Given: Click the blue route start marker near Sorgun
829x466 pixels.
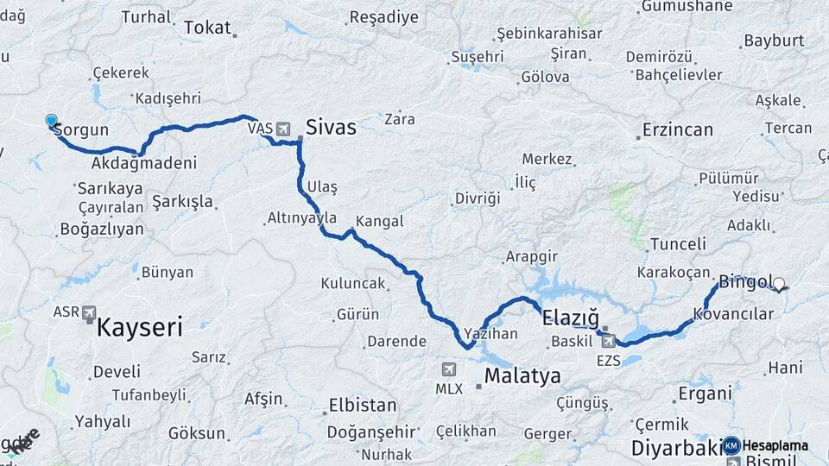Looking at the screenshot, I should click(51, 121).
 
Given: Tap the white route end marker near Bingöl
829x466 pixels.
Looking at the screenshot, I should click(779, 283).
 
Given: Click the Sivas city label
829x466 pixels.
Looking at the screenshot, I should click(331, 128).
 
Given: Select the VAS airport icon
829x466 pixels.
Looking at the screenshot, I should click(282, 129).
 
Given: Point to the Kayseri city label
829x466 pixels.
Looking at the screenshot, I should click(139, 327).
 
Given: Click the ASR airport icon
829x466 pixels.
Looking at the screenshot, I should click(89, 314).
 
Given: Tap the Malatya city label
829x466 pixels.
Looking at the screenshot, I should click(522, 376).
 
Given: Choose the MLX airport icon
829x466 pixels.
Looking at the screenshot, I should click(448, 369).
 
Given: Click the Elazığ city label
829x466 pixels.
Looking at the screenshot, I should click(570, 318).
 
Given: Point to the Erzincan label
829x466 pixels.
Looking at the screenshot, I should click(678, 130).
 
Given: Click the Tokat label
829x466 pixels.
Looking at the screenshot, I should click(208, 28).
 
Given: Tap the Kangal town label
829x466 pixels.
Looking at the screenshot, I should click(379, 221).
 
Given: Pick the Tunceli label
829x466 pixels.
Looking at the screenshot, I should click(678, 243).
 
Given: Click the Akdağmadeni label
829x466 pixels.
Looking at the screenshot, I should click(144, 162).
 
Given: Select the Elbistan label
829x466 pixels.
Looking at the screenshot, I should click(363, 405).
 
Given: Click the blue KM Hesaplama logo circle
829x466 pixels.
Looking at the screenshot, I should click(731, 445).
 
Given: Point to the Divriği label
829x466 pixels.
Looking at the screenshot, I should click(478, 198).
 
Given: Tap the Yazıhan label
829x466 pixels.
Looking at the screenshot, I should click(490, 332).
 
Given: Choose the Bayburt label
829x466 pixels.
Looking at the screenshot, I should click(774, 41).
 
